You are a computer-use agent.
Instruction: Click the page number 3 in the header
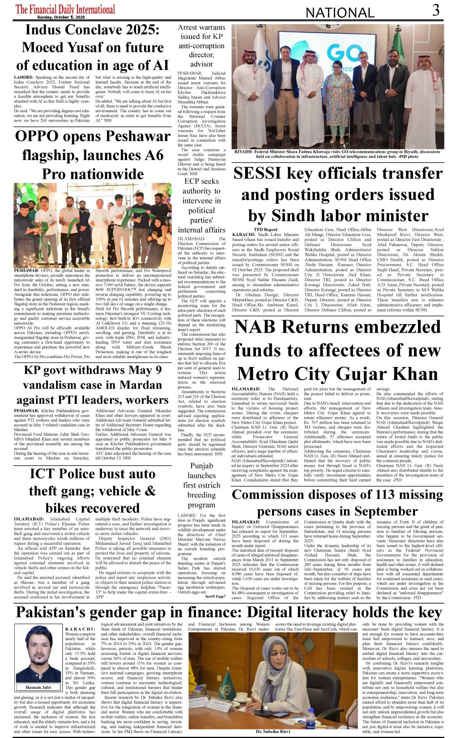(x=435, y=10)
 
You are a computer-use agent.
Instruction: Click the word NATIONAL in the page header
(x=340, y=13)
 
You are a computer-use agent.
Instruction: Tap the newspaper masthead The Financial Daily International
(x=65, y=9)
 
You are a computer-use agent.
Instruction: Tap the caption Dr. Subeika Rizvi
(x=273, y=731)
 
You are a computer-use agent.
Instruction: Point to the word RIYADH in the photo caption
(x=243, y=152)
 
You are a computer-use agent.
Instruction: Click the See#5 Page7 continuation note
(x=215, y=596)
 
